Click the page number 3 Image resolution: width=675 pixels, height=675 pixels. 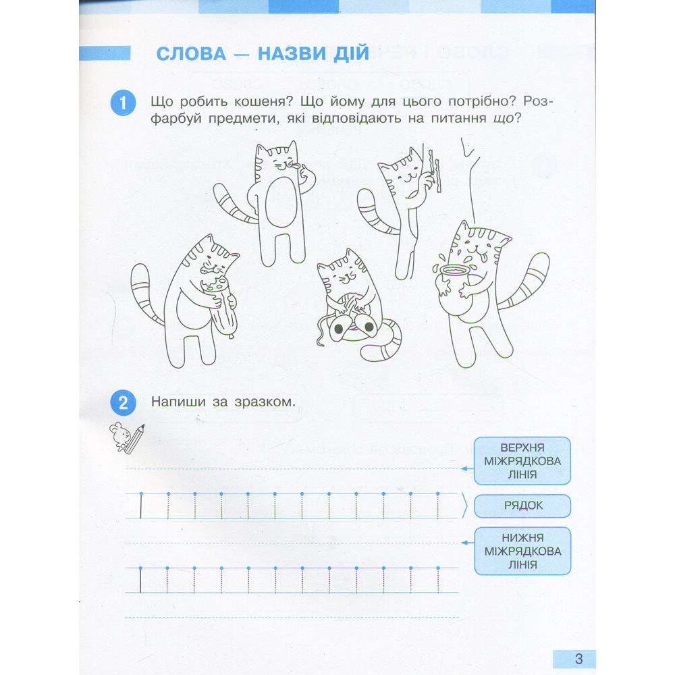click(578, 659)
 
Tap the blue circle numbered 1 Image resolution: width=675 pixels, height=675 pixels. click(122, 103)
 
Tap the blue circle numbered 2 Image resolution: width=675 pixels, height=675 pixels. click(122, 404)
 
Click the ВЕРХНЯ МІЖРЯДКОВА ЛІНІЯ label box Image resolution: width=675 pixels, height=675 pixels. click(522, 460)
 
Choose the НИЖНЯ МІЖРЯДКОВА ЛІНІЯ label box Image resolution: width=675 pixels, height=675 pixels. click(522, 551)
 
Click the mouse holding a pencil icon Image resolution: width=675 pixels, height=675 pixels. click(127, 437)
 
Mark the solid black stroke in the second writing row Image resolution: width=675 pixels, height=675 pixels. click(140, 579)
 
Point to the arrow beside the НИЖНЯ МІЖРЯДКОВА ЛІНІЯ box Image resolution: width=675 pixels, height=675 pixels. click(465, 541)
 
